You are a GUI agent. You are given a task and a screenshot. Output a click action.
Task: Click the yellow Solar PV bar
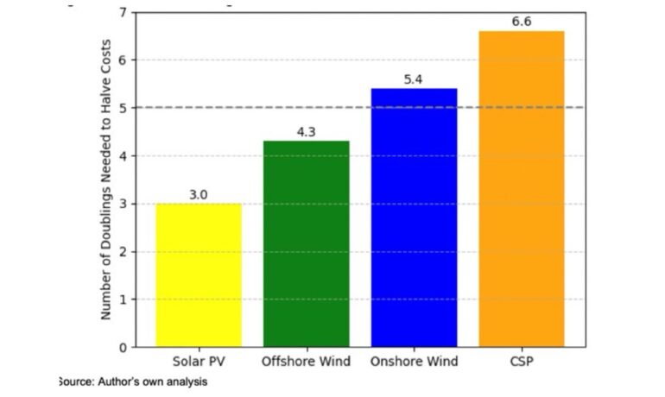coord(199,275)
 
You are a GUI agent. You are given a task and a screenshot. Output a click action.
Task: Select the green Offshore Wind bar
coord(307,244)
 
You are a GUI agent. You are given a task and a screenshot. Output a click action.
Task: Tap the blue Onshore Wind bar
coord(414,217)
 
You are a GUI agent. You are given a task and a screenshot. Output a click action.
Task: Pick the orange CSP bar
coord(522,189)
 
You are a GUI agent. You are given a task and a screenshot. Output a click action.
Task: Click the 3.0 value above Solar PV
coord(199,195)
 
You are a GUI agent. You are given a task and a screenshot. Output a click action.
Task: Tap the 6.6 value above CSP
coord(522,21)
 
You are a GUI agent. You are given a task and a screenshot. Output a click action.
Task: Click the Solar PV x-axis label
coord(199,361)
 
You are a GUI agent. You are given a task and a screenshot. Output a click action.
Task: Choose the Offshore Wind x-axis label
coord(307,361)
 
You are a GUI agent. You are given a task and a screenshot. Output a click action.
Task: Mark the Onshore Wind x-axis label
coord(414,361)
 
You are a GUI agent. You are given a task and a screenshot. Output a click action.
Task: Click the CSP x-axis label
coord(522,361)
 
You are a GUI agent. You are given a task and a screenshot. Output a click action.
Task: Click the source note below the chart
coord(132,381)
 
